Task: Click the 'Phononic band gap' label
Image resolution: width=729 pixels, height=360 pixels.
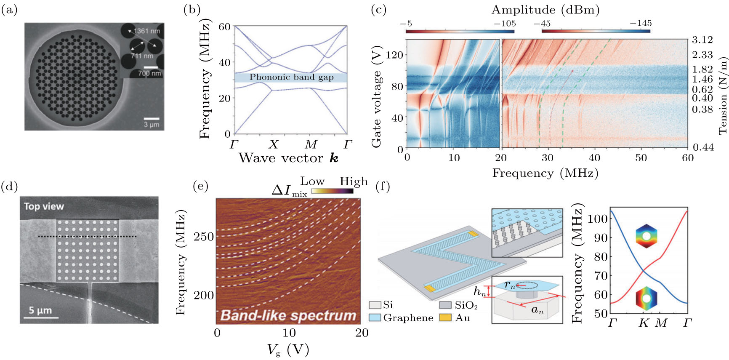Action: (291, 77)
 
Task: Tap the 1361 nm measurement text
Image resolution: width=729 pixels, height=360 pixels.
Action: (146, 31)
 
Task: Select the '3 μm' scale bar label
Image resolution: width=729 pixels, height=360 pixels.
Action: (151, 125)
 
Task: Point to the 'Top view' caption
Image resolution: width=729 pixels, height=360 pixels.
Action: (44, 206)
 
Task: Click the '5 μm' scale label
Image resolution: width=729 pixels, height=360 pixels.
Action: (40, 311)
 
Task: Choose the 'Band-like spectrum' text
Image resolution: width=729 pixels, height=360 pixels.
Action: (288, 315)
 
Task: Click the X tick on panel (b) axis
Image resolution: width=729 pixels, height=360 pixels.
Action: (273, 145)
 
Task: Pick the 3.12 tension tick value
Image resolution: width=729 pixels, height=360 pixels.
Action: (702, 40)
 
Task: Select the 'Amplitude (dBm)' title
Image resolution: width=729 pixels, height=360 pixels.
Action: (545, 10)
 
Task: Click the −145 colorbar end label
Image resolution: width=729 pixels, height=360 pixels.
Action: (640, 24)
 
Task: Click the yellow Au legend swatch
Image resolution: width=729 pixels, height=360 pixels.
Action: (445, 317)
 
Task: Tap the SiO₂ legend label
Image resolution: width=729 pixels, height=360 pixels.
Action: (466, 305)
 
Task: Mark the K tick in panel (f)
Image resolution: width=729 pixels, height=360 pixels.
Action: (644, 323)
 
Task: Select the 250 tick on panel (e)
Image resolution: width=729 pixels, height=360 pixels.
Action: (204, 237)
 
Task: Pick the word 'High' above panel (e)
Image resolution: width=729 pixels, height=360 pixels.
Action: (354, 181)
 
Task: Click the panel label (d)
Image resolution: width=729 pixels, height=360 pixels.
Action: (10, 186)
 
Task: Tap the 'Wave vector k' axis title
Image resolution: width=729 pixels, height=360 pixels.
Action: (288, 158)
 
